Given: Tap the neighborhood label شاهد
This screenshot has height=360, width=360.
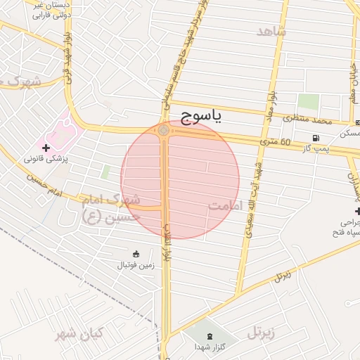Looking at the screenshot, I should (271, 32).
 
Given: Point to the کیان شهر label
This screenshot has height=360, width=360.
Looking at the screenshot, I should (79, 333).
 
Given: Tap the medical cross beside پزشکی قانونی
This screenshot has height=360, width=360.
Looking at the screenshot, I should (46, 148).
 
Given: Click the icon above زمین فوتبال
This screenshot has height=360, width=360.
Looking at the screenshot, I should (135, 253).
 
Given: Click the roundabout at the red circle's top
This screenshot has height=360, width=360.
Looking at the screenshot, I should (164, 130).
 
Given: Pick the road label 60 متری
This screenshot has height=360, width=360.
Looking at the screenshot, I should (276, 143).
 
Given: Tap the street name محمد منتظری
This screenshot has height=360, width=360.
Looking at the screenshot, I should (307, 120).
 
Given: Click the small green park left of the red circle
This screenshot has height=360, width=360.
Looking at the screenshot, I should (105, 172).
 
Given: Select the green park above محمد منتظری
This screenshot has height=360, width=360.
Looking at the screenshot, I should (307, 103).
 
